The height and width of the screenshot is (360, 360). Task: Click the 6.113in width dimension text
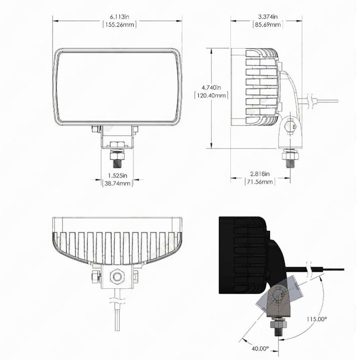click(x=119, y=17)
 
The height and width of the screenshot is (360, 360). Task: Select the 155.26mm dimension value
click(x=119, y=25)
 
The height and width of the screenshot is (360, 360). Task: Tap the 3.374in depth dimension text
click(x=268, y=17)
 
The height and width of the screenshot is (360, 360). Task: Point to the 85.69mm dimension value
click(x=268, y=25)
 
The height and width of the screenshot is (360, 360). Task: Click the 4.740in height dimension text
click(x=211, y=87)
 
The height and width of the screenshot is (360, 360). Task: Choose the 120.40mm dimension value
click(x=211, y=95)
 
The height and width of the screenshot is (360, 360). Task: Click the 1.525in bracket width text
click(x=117, y=175)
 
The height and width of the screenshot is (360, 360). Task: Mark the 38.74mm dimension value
click(x=117, y=184)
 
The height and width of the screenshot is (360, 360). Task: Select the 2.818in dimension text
click(x=260, y=174)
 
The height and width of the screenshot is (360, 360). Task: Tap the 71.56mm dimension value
click(x=260, y=182)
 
